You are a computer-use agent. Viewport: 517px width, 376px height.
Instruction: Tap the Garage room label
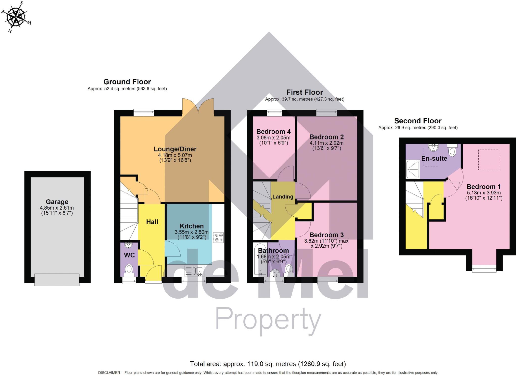[57, 202]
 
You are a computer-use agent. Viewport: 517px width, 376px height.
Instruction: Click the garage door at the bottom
[57, 280]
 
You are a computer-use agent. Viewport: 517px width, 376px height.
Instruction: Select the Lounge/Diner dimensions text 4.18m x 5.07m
[175, 155]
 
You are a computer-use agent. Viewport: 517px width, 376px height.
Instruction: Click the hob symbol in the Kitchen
[218, 238]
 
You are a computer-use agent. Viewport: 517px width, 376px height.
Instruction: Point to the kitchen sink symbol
[195, 271]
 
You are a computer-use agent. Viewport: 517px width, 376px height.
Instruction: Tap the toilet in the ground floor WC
[129, 269]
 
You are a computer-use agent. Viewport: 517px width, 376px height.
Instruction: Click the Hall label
[152, 222]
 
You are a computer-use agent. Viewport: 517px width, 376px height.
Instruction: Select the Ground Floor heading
[127, 82]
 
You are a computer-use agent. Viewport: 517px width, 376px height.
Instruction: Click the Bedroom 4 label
[273, 132]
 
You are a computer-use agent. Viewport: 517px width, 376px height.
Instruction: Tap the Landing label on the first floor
[283, 197]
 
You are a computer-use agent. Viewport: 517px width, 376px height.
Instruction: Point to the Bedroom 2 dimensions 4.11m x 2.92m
[326, 143]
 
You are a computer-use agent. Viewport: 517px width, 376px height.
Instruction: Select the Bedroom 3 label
[326, 235]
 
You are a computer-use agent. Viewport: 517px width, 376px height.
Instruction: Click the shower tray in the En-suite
[412, 169]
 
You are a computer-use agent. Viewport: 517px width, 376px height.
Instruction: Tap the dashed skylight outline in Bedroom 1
[488, 159]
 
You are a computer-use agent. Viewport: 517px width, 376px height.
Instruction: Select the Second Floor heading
[418, 121]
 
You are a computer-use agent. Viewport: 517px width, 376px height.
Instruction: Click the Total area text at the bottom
[268, 364]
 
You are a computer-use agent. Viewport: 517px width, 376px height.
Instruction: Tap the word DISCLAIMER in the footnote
[109, 373]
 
